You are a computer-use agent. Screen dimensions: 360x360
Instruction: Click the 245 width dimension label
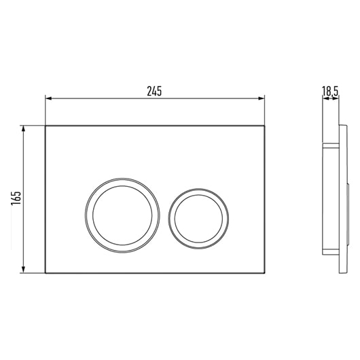click(x=154, y=91)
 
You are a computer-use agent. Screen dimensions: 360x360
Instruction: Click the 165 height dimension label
click(x=16, y=198)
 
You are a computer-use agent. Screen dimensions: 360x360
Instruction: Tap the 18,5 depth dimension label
click(x=330, y=91)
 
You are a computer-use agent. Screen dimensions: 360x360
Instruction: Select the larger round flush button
click(x=122, y=215)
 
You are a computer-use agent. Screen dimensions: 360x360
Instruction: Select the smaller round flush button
click(x=198, y=219)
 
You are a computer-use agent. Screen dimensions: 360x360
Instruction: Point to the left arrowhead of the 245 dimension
click(x=48, y=98)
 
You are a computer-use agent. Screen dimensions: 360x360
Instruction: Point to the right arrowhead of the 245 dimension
click(x=262, y=98)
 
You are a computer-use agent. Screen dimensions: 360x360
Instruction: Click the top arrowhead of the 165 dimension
click(x=23, y=129)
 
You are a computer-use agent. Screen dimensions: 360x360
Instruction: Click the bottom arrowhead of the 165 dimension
click(x=23, y=270)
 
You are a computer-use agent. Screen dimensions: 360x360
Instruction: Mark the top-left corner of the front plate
click(x=46, y=126)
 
